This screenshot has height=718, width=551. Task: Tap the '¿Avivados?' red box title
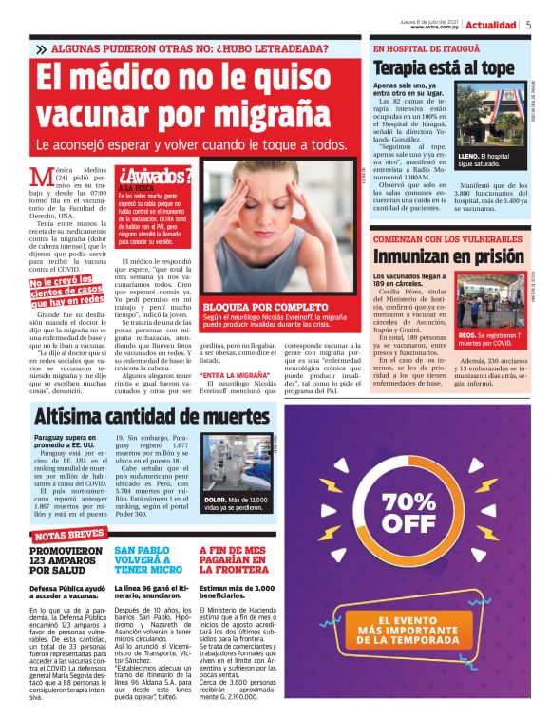(x=156, y=174)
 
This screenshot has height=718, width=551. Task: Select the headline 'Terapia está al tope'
(x=443, y=67)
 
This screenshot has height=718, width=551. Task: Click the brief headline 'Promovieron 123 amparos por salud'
(x=66, y=560)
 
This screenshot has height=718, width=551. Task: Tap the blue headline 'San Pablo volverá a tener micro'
(x=147, y=560)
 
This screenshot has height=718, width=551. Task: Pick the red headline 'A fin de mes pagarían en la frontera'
(x=234, y=560)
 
